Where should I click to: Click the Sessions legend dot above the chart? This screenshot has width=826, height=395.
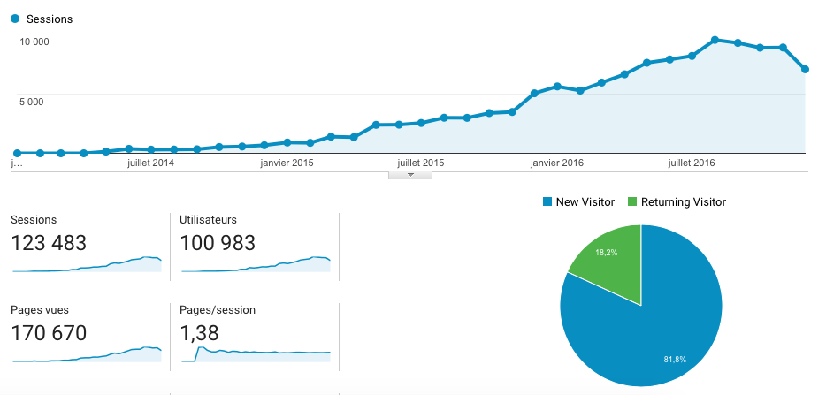tap(15, 19)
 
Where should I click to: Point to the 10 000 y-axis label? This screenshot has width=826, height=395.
tap(34, 42)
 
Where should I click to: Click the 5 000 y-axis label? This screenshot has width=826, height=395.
tap(32, 102)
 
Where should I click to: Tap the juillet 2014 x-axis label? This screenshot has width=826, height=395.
tap(150, 163)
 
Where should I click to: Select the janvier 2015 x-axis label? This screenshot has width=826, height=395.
tap(287, 163)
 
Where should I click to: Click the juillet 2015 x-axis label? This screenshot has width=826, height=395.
tap(421, 163)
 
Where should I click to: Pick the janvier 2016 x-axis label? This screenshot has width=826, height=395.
tap(557, 163)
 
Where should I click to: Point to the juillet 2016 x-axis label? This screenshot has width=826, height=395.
tap(691, 163)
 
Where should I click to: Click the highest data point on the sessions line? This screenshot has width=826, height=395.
tap(715, 40)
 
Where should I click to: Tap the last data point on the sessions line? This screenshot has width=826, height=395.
tap(805, 69)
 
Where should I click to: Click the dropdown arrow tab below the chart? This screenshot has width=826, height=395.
tap(409, 175)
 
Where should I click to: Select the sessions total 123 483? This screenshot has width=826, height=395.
tap(50, 242)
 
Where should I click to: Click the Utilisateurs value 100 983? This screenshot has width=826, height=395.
tap(218, 242)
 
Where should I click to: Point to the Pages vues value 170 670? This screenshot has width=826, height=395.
tap(50, 333)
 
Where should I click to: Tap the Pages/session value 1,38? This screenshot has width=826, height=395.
tap(199, 333)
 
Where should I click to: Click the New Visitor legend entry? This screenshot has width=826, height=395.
tap(578, 202)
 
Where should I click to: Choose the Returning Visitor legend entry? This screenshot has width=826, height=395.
tap(677, 202)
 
